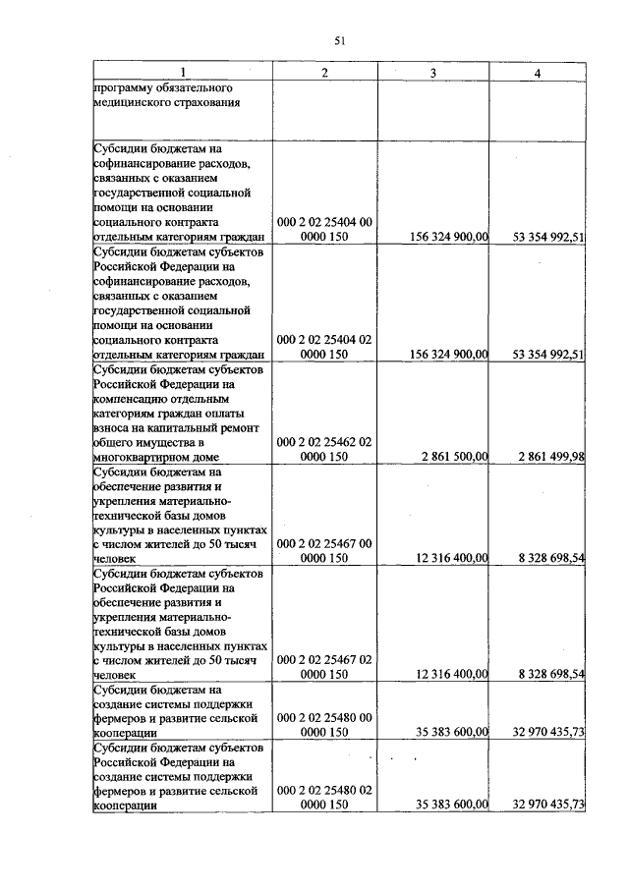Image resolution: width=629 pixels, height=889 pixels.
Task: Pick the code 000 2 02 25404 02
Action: pyautogui.click(x=324, y=339)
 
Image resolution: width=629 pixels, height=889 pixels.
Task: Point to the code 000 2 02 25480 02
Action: pyautogui.click(x=324, y=790)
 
